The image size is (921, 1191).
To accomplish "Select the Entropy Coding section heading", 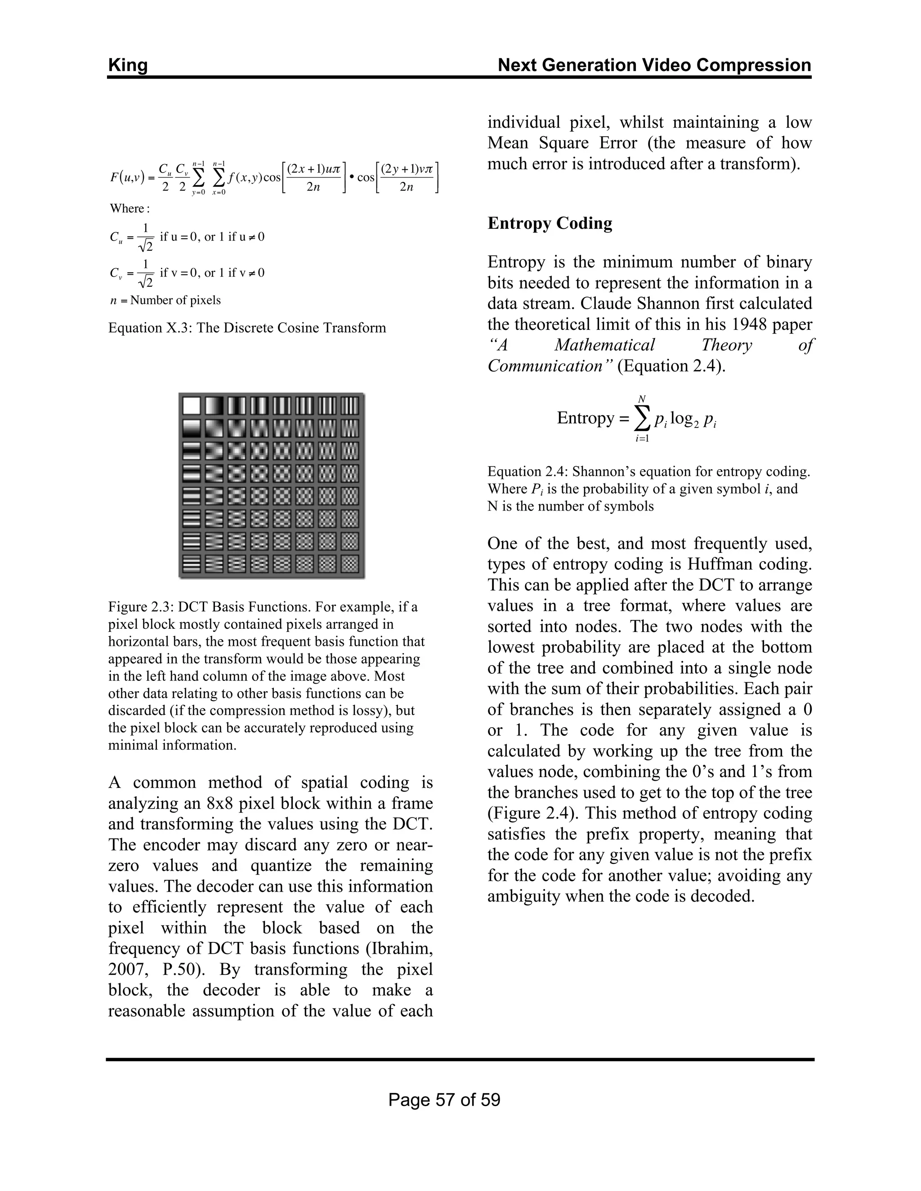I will [x=550, y=223].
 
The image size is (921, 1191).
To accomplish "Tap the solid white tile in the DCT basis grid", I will [x=192, y=406].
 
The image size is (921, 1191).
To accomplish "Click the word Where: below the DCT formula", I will [x=130, y=209].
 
